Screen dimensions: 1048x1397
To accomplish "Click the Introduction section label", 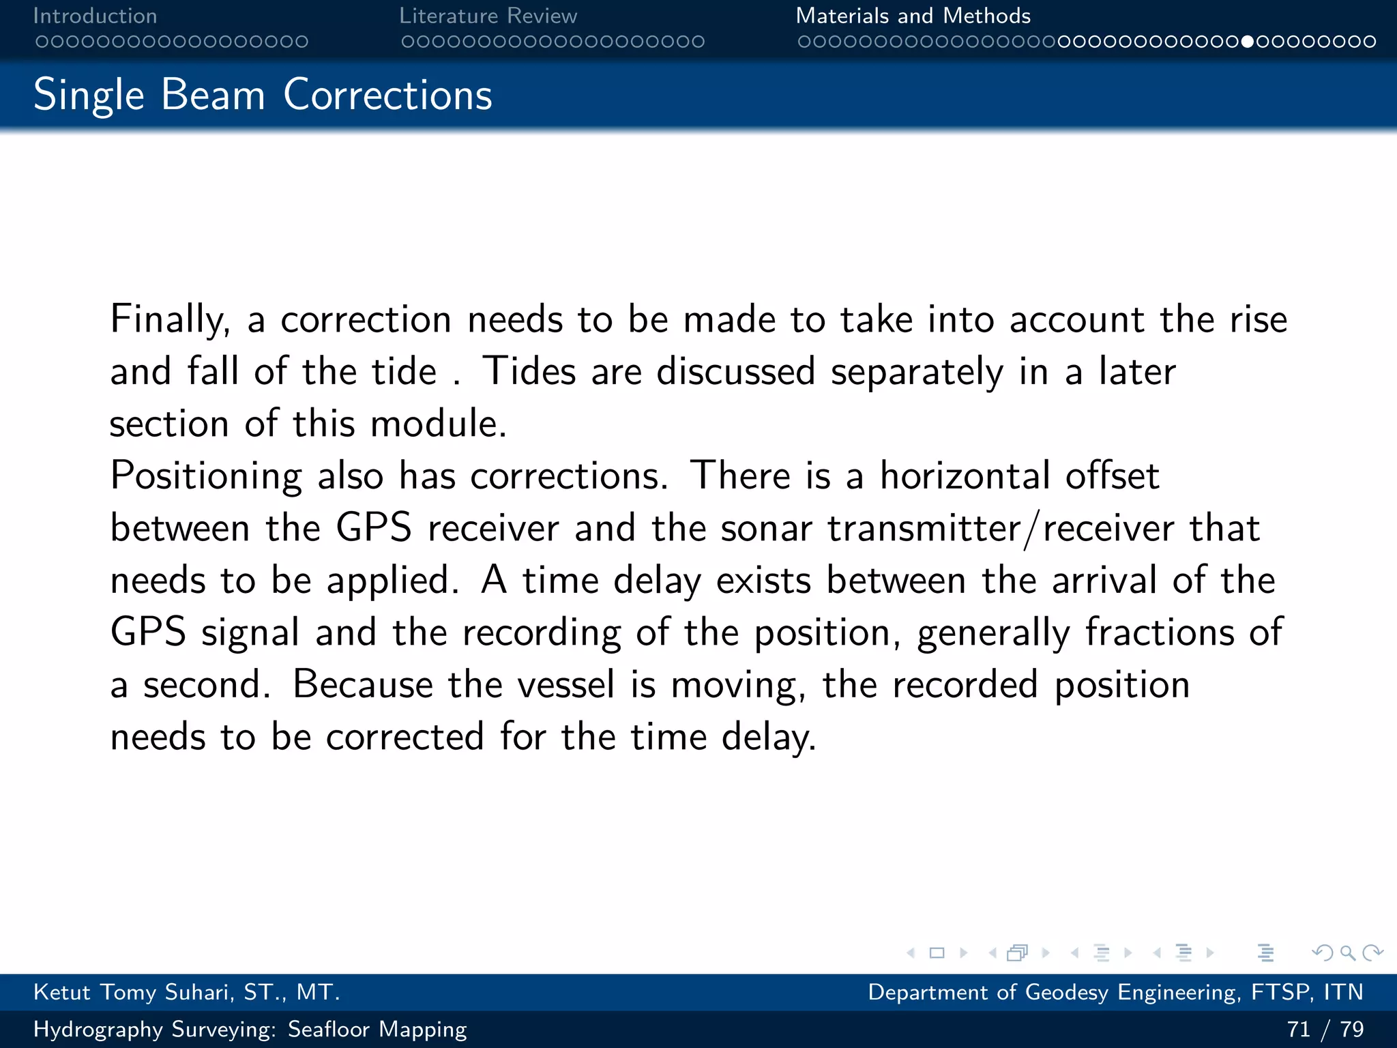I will point(95,16).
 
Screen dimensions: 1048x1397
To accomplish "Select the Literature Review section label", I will point(488,16).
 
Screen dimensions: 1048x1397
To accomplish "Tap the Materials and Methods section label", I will point(913,16).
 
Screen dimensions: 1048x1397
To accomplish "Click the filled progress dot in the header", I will point(1248,42).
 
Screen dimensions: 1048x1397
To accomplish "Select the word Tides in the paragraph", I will point(529,372).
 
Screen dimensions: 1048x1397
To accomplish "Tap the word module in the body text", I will point(438,424).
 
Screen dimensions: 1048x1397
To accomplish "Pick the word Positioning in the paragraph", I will point(206,476).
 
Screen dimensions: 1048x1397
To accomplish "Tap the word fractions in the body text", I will point(1160,632).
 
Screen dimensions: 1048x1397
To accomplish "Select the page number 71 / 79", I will point(1325,1029).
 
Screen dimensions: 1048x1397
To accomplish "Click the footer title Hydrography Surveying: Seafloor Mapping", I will point(250,1029).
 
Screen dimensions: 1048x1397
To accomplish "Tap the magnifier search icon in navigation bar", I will point(1347,952).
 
